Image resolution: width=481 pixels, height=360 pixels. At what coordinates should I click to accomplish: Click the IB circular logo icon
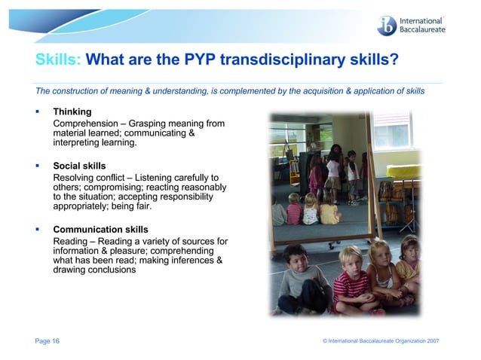tap(388, 25)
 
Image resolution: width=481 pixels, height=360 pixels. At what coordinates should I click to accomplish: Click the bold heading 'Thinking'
tap(72, 112)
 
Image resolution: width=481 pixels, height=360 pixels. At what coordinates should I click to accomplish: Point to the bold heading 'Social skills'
tap(79, 166)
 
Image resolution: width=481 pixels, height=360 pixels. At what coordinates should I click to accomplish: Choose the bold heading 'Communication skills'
tap(100, 229)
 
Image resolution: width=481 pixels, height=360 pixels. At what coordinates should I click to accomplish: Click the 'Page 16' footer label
tap(47, 341)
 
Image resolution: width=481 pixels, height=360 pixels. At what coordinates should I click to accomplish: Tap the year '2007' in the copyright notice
tap(432, 341)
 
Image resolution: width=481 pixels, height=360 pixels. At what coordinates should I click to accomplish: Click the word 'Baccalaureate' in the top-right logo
tap(423, 29)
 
